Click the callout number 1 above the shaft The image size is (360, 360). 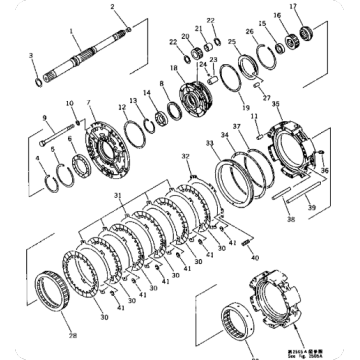pos(73,29)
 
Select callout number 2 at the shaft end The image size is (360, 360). pos(113,8)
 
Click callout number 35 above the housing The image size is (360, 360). pos(275,103)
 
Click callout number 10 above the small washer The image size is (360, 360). pos(69,103)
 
